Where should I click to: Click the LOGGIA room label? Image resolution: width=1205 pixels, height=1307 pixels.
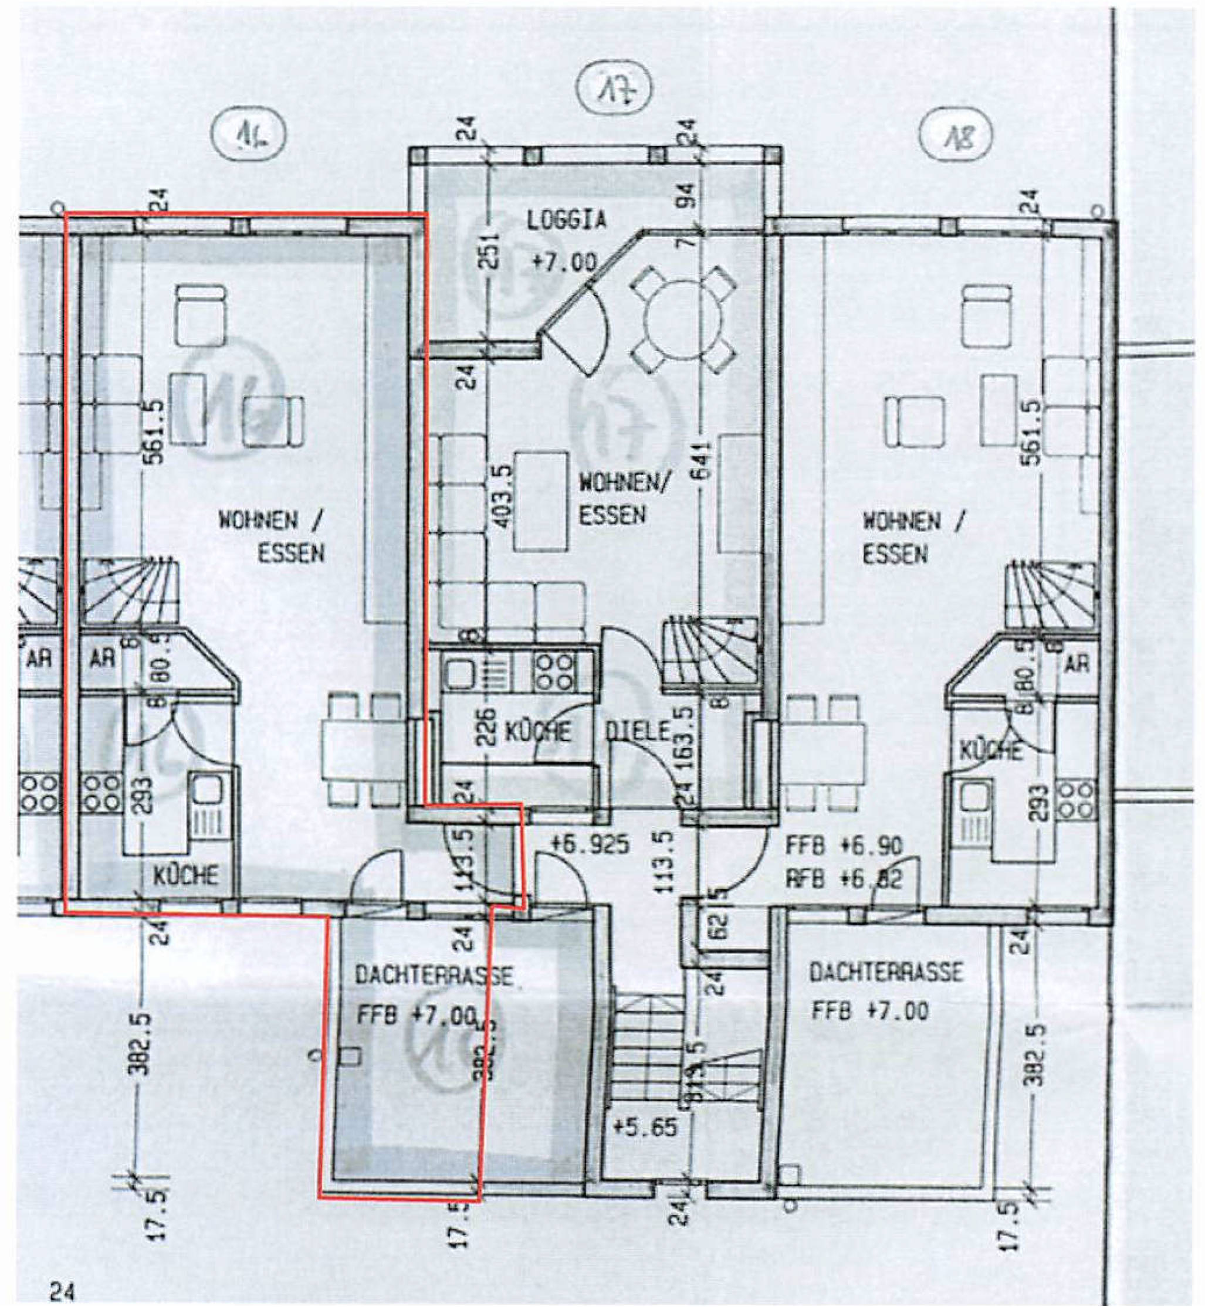[567, 220]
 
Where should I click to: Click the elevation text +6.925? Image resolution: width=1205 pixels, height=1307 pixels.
[590, 845]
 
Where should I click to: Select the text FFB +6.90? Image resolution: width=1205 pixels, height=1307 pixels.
[844, 847]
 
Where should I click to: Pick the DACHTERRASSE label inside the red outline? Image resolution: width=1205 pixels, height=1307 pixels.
[434, 976]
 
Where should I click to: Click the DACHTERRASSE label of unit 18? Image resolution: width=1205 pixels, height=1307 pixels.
[885, 973]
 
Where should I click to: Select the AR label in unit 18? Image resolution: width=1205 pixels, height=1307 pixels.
[1077, 664]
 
